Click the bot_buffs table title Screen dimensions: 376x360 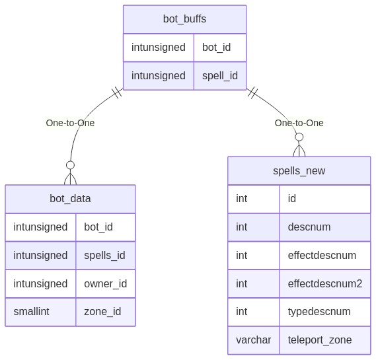184,19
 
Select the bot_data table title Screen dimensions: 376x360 70,198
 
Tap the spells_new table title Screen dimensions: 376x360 299,170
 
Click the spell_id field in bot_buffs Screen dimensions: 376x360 220,76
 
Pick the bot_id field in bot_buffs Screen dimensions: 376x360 216,47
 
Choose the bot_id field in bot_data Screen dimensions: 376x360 98,227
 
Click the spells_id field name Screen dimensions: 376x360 104,255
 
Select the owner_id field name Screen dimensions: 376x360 105,283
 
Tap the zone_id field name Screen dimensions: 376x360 102,312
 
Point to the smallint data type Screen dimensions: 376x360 31,312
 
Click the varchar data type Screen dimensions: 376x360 254,340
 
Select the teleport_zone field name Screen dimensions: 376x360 320,340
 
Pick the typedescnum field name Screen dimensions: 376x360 319,312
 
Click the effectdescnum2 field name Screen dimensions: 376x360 325,283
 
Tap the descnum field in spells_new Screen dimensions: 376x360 309,227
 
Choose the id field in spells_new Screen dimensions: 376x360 292,198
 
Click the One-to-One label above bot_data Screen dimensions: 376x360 70,123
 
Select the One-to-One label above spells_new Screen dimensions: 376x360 299,123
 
